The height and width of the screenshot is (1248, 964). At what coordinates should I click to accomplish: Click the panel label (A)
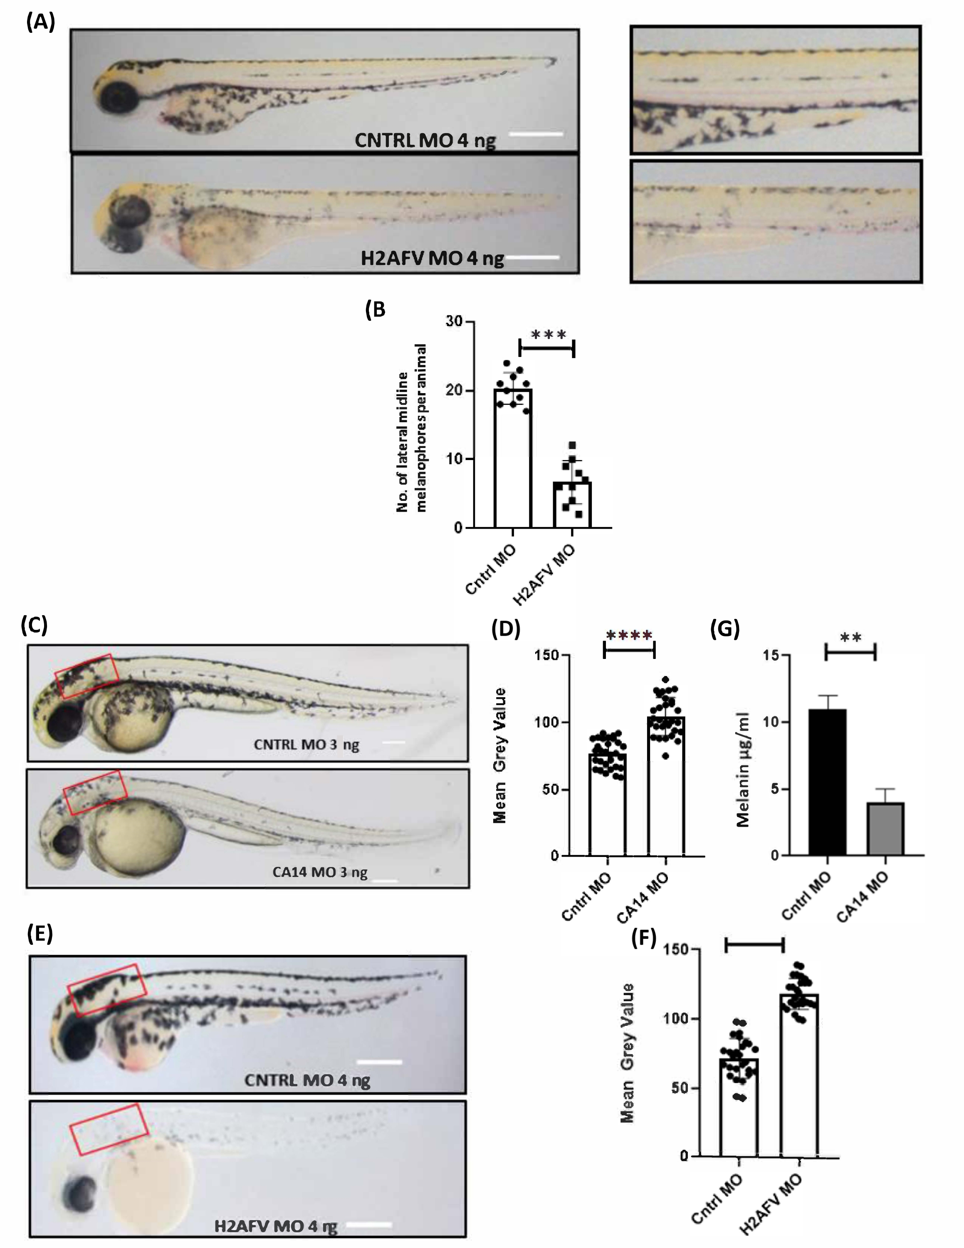click(x=40, y=23)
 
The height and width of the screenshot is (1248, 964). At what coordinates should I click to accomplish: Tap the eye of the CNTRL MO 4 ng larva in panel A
click(x=119, y=97)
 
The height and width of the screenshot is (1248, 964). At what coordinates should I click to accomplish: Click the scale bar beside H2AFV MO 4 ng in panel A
click(x=532, y=257)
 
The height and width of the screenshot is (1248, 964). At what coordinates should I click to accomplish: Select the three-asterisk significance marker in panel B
click(x=548, y=335)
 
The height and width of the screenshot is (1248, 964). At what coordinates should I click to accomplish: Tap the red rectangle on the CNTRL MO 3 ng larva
click(x=87, y=676)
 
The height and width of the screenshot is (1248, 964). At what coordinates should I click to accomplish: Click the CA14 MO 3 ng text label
click(x=319, y=873)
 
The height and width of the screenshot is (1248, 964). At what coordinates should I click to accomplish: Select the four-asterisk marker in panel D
click(x=629, y=635)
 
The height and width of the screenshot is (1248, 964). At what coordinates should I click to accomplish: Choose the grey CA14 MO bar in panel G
click(x=885, y=829)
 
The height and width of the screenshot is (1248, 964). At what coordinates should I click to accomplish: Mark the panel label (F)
click(x=644, y=938)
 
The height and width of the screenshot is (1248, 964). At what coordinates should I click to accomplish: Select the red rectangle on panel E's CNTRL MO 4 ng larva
click(x=107, y=990)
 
